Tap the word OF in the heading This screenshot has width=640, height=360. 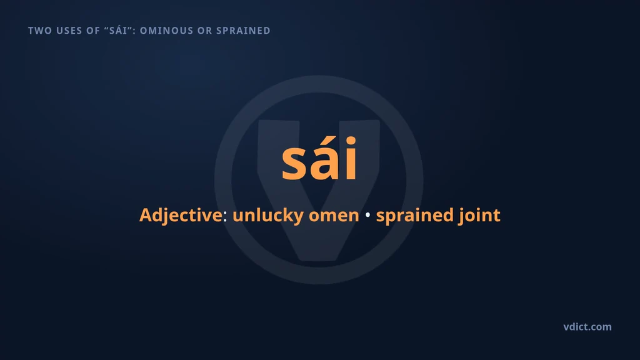(x=93, y=31)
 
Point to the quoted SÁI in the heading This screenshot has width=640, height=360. (x=118, y=30)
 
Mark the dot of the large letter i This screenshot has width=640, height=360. (x=351, y=141)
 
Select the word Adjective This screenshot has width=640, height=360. (x=181, y=216)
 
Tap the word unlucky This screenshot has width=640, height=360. (x=267, y=216)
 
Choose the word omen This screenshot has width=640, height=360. (x=334, y=216)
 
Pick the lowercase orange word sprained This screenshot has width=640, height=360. (x=415, y=216)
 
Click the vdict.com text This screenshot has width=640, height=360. (x=587, y=327)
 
